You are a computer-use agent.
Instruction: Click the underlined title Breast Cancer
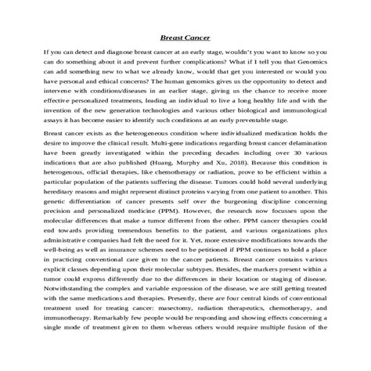point(185,36)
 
